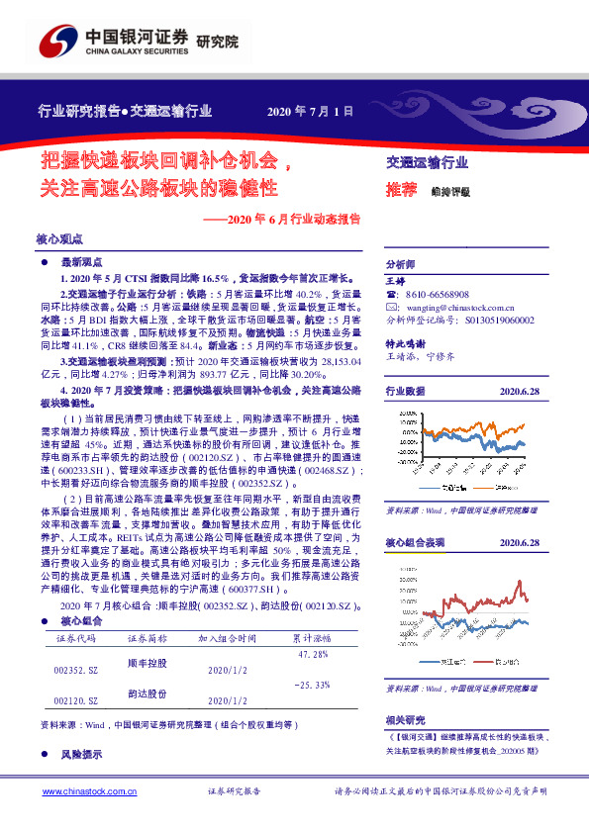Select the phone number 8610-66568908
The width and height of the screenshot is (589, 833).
[435, 295]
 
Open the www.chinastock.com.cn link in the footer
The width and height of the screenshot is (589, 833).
[80, 792]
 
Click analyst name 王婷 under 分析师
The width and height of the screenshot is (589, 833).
[395, 281]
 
